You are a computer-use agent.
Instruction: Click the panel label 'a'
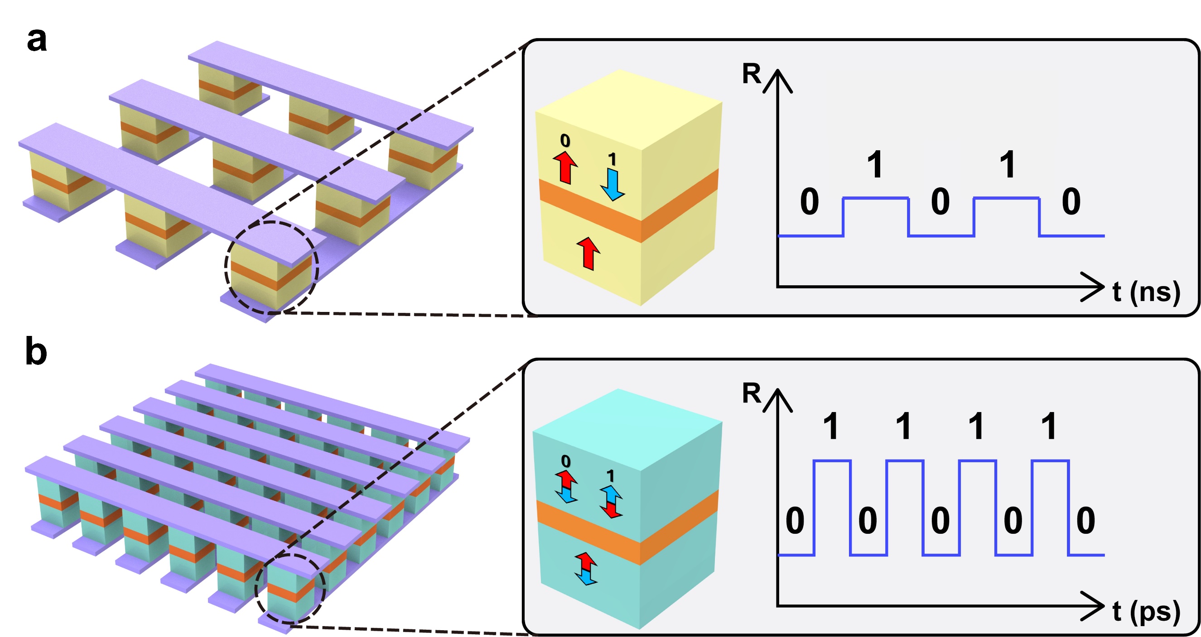coord(37,40)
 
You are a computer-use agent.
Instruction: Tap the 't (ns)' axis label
coord(1146,292)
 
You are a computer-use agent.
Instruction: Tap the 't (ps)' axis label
coord(1146,611)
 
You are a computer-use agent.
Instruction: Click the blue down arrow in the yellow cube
coord(613,185)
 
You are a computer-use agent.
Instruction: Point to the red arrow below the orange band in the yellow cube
coord(588,253)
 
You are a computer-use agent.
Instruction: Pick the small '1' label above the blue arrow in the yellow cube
coord(612,160)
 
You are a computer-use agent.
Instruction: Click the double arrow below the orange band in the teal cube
coord(586,569)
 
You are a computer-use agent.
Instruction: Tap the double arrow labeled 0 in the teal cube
coord(566,486)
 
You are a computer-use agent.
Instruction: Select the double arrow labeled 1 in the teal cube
coord(611,501)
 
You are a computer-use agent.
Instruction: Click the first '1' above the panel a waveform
coord(875,164)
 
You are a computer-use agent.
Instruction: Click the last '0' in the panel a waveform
coord(1071,202)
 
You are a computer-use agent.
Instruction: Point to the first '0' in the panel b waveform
coord(795,521)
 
